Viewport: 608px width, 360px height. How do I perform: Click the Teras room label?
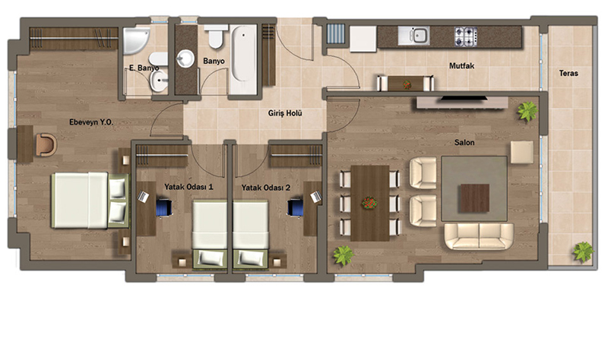point(568,73)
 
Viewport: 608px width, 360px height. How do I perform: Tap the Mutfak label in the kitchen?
point(461,66)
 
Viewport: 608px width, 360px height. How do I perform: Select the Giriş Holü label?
point(285,113)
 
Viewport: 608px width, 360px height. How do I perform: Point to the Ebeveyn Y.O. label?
point(91,122)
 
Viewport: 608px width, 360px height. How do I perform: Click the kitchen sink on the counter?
point(413,36)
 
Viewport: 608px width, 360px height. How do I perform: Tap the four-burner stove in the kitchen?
point(466,36)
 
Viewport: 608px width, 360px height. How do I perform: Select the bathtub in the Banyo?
point(243,59)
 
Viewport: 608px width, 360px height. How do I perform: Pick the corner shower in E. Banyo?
point(136,41)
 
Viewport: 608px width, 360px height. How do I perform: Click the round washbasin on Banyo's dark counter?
point(185,58)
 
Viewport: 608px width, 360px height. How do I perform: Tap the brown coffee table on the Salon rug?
point(474,198)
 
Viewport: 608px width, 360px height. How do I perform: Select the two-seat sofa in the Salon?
point(479,236)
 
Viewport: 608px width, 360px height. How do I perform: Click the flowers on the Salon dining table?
point(369,203)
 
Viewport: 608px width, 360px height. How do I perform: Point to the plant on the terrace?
point(583,252)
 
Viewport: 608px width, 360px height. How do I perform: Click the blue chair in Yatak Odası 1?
point(164,207)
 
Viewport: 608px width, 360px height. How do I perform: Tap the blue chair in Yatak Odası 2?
point(296,207)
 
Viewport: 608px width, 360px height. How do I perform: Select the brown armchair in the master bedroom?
point(46,145)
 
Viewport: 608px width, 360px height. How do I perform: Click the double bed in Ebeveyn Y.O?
point(90,201)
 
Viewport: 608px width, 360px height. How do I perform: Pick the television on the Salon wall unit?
point(464,99)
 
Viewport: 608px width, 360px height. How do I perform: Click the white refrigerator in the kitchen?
point(363,39)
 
